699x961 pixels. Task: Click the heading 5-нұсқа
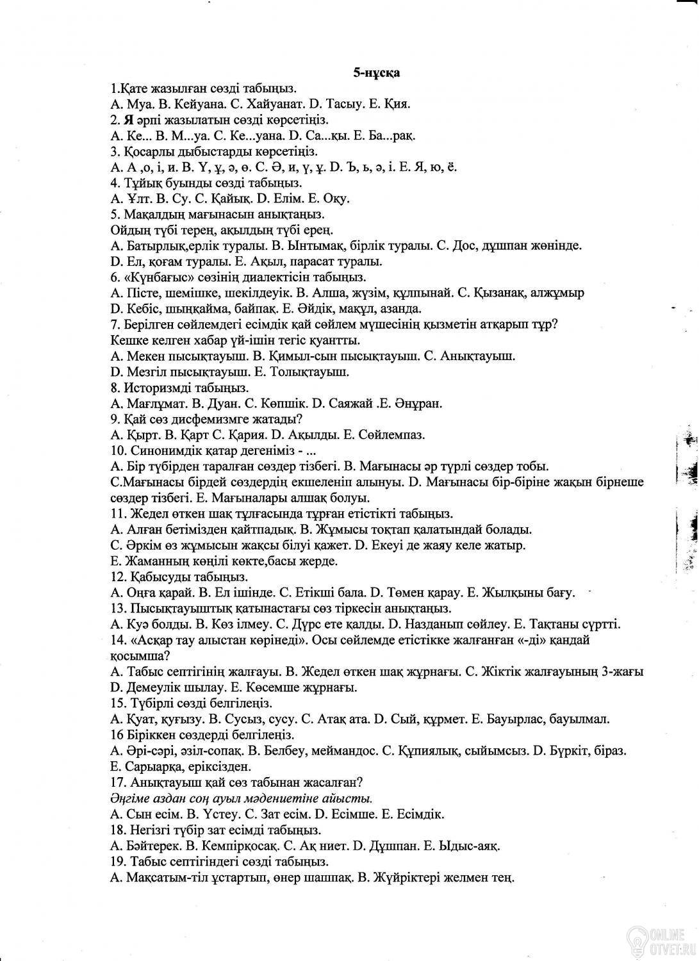pos(377,73)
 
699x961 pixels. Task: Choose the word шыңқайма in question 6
pos(189,308)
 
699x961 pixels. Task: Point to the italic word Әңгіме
pos(131,798)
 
